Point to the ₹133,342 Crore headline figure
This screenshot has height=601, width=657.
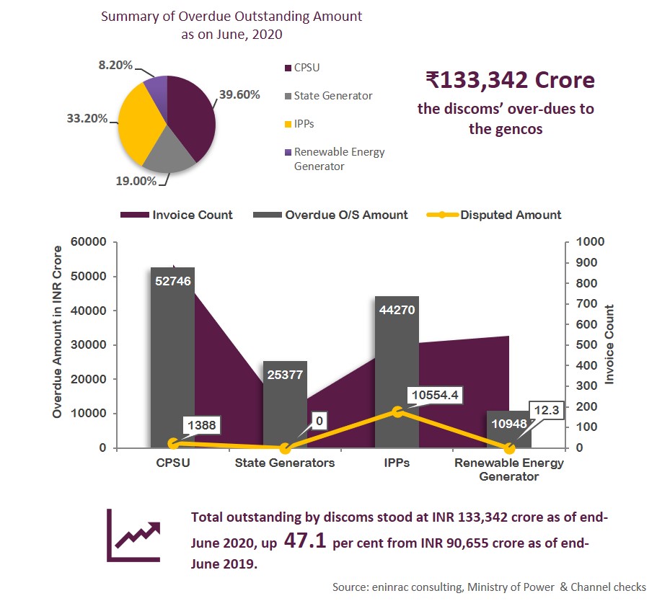pos(510,80)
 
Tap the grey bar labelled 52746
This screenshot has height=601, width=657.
pos(173,360)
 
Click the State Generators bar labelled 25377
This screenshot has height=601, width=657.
pos(285,404)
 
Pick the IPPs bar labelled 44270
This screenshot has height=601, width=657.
pos(397,375)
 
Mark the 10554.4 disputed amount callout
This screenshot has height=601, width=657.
pos(435,395)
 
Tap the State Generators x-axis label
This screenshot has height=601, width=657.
pos(285,463)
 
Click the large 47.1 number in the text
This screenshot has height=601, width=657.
pos(307,540)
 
